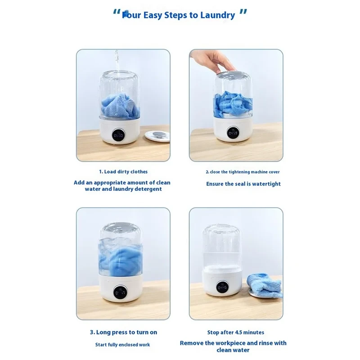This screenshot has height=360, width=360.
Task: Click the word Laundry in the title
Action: pos(218,15)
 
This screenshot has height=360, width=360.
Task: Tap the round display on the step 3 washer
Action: pos(120,292)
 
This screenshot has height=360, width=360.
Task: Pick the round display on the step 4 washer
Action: pos(222,287)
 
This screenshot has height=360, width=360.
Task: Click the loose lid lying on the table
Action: pos(157,136)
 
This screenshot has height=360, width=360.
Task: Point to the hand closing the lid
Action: pos(215,60)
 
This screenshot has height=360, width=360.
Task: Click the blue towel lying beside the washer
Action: pos(264,285)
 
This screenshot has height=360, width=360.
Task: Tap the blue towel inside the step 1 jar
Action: pos(120,107)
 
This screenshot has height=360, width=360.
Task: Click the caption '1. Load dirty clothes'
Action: pos(123,172)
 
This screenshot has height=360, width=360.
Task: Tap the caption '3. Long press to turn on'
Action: pos(123,332)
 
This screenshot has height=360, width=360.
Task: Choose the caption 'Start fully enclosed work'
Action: pos(122,345)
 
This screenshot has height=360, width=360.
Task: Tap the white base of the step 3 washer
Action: pos(120,288)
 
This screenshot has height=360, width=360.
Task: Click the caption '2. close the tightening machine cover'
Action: pos(243,172)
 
